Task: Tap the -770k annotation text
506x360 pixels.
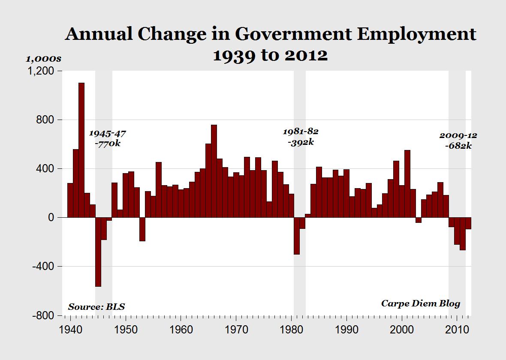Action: [x=108, y=144]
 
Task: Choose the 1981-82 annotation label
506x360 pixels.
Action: [x=301, y=131]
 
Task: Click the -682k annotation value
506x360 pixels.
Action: [x=458, y=146]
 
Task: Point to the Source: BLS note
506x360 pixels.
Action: [x=96, y=307]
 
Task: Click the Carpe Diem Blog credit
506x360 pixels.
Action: [x=421, y=303]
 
